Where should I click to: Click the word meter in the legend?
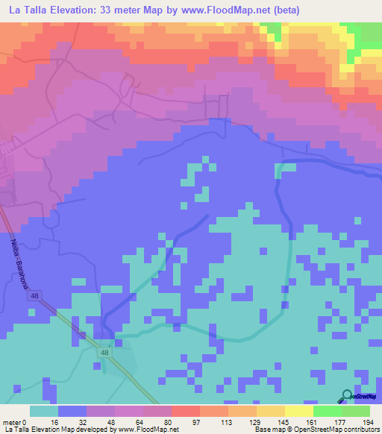point(13,422)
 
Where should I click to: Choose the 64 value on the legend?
point(143,422)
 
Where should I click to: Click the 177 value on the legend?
point(341,422)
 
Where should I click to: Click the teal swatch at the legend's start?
point(44,411)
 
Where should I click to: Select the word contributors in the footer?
point(359,430)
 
